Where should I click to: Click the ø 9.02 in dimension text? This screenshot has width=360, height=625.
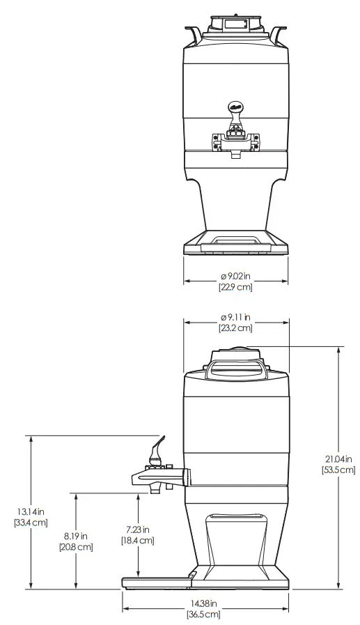point(235,276)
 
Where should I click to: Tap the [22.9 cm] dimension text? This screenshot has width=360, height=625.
point(235,286)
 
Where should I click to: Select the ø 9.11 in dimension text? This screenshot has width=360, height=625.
point(235,318)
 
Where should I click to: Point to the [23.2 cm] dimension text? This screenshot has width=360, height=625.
point(235,327)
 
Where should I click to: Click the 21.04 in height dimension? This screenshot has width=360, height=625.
point(338,458)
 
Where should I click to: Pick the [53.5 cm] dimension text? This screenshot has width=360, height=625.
point(338,470)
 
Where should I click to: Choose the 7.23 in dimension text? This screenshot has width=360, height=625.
point(137,530)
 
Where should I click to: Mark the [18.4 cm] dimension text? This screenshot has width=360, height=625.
point(137,540)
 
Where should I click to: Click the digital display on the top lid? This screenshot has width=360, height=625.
point(235,25)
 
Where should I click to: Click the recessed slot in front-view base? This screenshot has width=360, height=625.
point(235,240)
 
